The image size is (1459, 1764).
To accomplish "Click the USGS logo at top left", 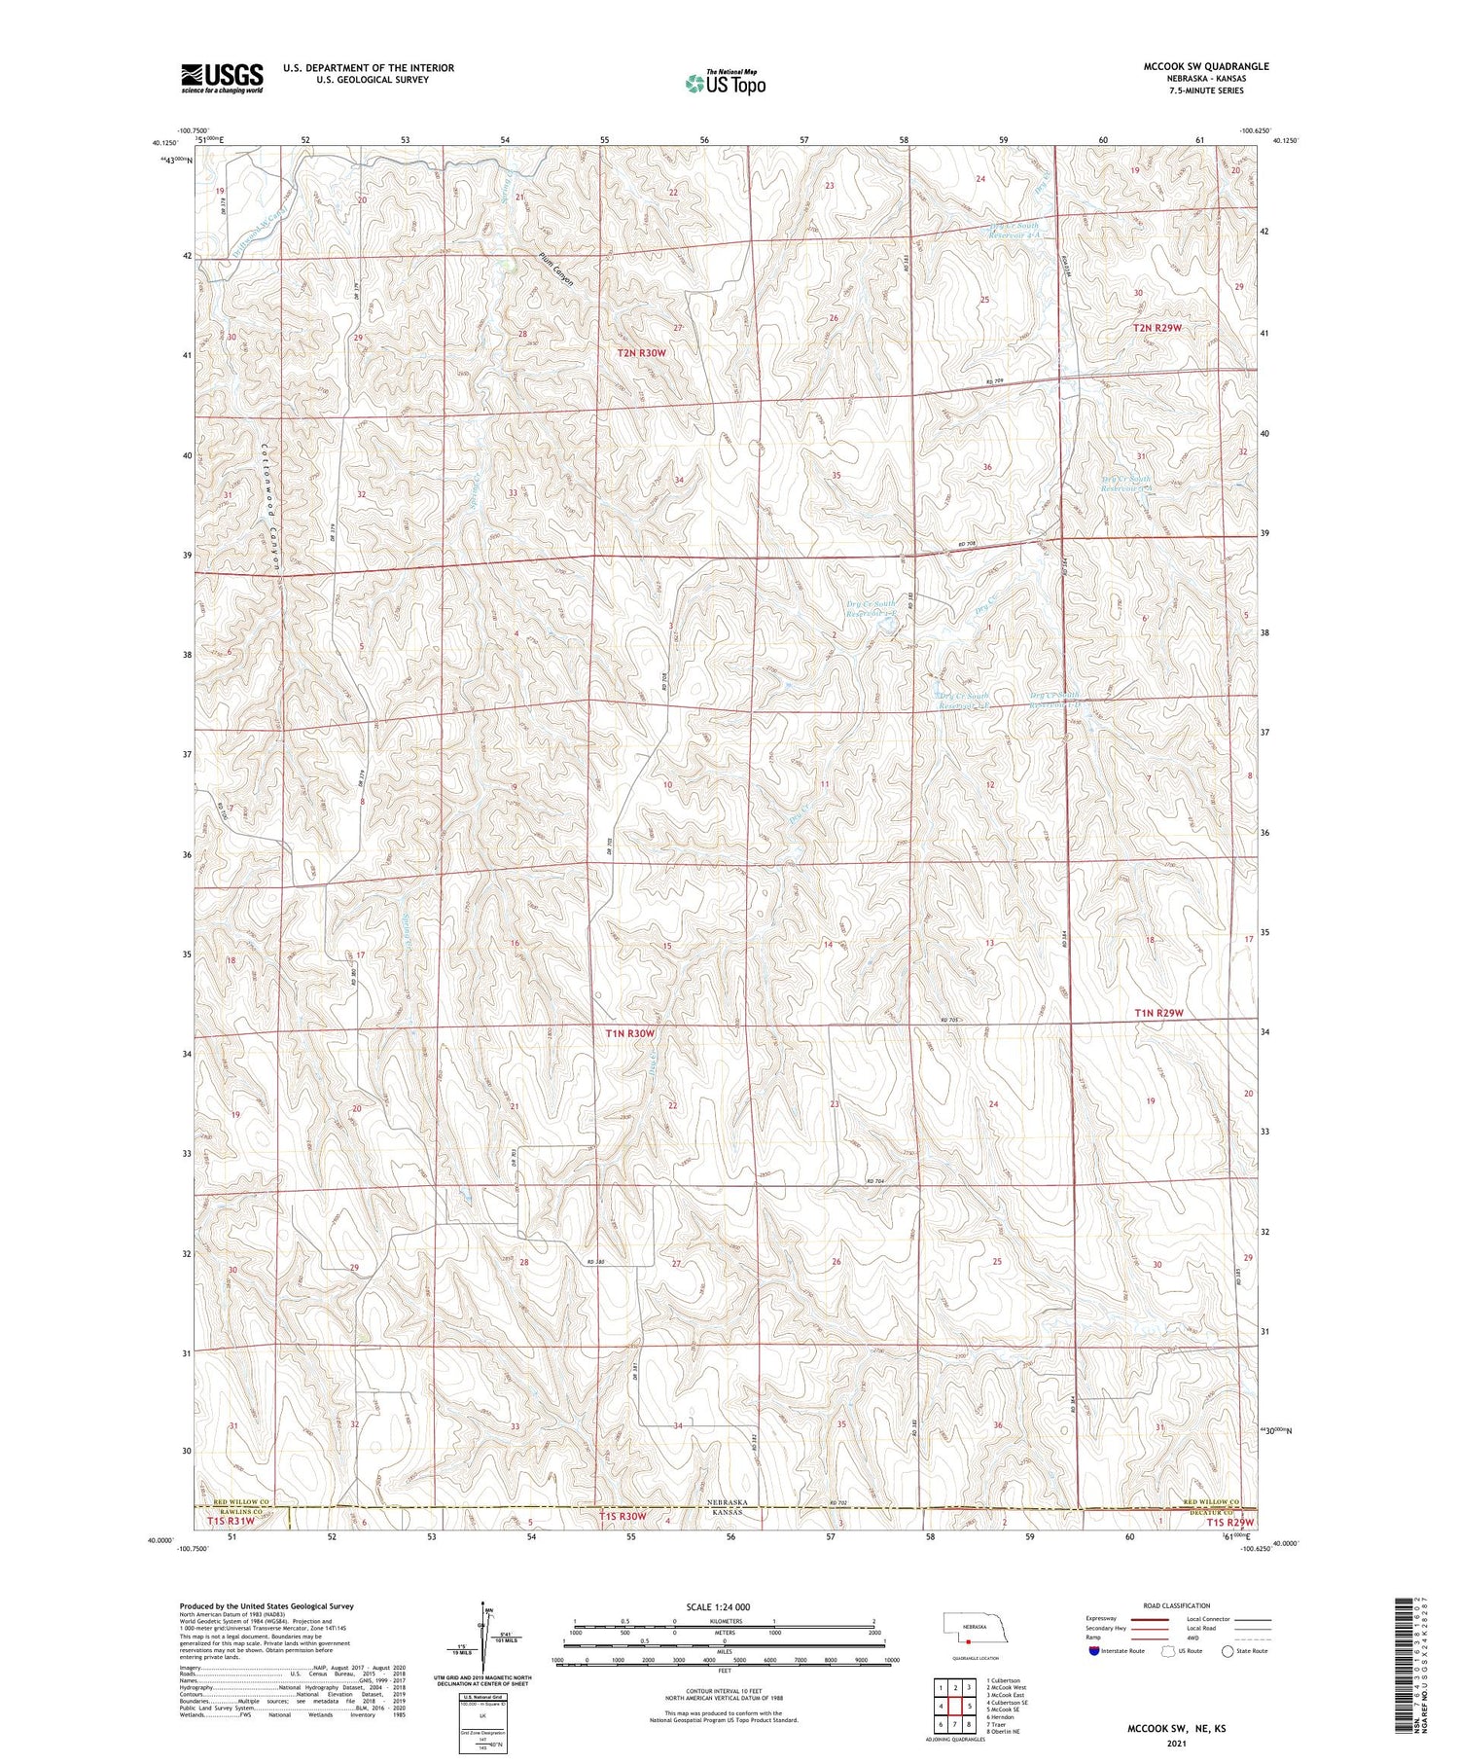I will tap(222, 78).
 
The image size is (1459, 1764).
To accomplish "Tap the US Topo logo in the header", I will tap(725, 84).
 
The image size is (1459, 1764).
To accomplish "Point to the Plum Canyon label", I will tap(556, 270).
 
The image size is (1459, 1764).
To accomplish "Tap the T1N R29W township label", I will tap(1158, 1013).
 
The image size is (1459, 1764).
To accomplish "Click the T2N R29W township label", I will tap(1157, 328).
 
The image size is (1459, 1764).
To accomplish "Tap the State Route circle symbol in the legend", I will tap(1228, 1651).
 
